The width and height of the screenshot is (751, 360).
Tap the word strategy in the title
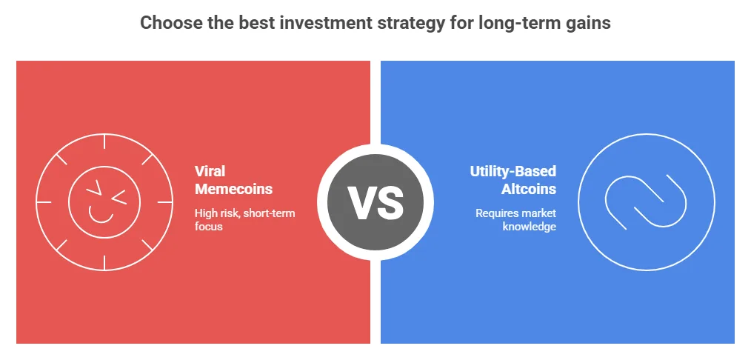click(397, 23)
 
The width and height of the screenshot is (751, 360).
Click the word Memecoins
click(233, 189)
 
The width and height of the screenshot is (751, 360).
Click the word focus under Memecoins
click(209, 227)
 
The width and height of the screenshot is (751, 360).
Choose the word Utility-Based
click(513, 171)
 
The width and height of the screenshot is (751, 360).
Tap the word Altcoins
click(530, 189)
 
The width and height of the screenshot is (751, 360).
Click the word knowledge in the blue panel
click(530, 227)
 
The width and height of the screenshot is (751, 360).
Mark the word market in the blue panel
click(539, 213)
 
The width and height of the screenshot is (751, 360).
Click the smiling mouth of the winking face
click(101, 215)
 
